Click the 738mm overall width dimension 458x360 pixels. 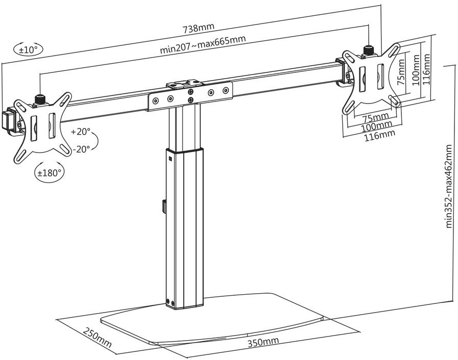click(198, 28)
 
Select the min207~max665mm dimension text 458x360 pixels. click(202, 44)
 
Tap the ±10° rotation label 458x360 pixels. click(28, 49)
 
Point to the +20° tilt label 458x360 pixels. click(81, 132)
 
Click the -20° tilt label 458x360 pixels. click(82, 149)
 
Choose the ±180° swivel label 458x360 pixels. click(49, 172)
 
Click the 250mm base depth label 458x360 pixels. click(97, 338)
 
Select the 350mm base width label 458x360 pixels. click(263, 342)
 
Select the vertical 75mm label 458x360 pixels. click(401, 72)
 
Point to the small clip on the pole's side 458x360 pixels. click(164, 207)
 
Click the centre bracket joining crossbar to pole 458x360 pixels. click(190, 95)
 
